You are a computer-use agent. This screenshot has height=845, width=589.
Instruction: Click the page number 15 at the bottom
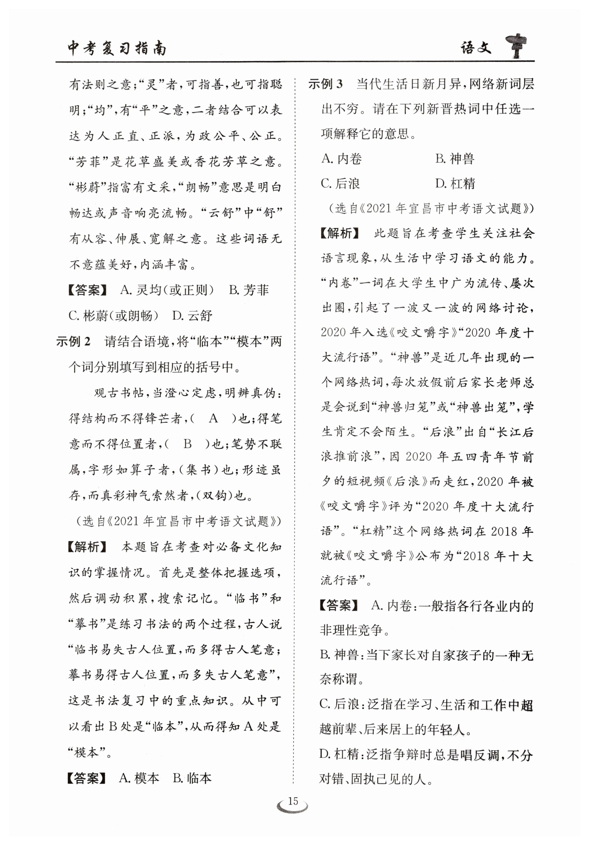pos(293,801)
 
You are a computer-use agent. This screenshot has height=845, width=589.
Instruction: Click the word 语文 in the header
pos(476,48)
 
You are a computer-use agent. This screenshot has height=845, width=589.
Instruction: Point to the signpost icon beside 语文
pos(516,46)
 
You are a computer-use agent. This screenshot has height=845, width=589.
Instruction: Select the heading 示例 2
pos(73,342)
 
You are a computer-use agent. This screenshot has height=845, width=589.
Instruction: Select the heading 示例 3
pos(325,84)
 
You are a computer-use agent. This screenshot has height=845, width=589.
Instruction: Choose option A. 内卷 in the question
pos(342,159)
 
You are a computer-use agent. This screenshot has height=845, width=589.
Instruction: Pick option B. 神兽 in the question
pos(455,159)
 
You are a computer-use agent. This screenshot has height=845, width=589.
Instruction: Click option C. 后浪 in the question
pos(340,184)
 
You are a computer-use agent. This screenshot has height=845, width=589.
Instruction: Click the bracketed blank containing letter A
pos(214,419)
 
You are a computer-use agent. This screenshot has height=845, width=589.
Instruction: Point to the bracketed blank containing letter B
pos(188,444)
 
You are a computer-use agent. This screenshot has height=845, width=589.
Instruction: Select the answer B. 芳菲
pos(249,290)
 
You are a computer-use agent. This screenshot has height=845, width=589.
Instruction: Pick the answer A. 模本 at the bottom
pos(139,778)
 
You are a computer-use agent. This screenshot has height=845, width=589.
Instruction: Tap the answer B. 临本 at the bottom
pos(193,778)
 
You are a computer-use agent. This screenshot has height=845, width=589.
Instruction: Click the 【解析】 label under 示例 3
pos(339,233)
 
